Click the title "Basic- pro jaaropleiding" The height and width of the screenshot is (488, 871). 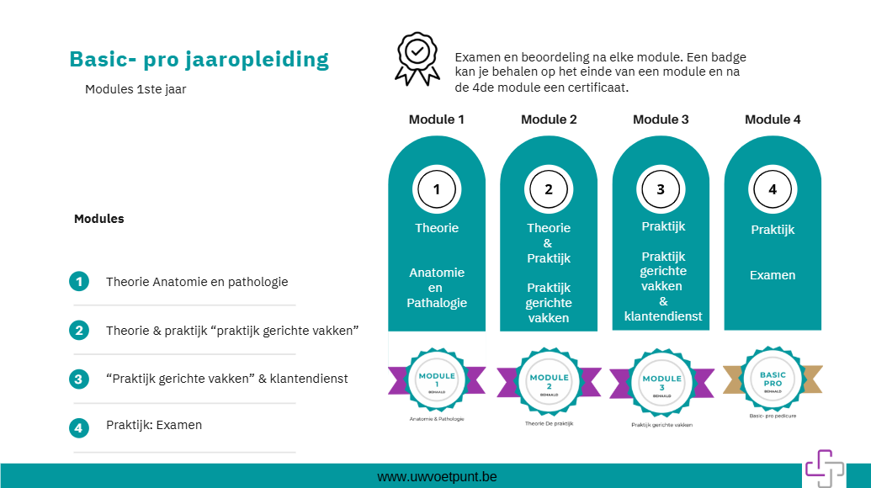(x=199, y=60)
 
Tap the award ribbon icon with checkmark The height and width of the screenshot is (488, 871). (x=417, y=58)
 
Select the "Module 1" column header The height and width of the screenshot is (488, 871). (x=436, y=119)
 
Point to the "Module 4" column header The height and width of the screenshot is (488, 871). (x=773, y=119)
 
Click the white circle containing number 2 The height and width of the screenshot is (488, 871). (x=549, y=189)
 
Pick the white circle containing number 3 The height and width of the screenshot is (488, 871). (x=661, y=189)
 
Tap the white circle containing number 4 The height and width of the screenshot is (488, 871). (x=773, y=189)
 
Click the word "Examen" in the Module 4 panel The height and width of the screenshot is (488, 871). (x=773, y=275)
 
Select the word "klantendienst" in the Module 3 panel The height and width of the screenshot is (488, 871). (x=663, y=316)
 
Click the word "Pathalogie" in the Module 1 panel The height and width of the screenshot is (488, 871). (x=437, y=303)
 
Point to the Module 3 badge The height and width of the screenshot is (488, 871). (x=661, y=384)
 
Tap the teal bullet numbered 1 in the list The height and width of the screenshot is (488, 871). (x=79, y=282)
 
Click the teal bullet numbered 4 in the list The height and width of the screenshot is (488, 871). (x=79, y=427)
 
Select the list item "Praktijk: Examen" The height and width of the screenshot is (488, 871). (x=154, y=425)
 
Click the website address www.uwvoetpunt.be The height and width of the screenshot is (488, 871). (x=437, y=477)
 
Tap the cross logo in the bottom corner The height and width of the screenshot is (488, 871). (x=823, y=467)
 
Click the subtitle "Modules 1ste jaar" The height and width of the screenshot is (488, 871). (x=135, y=89)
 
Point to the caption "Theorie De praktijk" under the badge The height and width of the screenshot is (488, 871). (x=549, y=423)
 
